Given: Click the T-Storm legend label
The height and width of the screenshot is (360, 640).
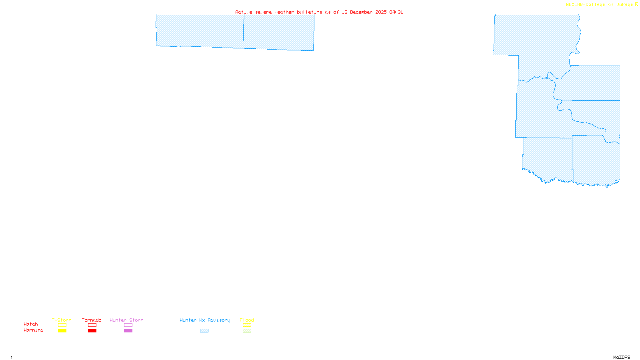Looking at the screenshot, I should (62, 320).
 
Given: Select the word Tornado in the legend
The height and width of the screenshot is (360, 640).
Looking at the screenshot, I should (92, 320).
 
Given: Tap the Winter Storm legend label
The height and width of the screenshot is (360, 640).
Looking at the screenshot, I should (126, 320).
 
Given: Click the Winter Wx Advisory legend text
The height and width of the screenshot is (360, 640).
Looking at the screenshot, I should (205, 320).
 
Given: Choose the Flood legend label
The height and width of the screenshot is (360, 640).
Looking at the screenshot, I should (247, 320).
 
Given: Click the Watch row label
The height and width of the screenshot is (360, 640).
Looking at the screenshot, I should (31, 324).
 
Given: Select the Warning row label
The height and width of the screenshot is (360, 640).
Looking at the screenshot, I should (34, 330).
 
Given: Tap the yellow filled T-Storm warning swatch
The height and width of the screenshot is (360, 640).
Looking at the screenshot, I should (62, 331).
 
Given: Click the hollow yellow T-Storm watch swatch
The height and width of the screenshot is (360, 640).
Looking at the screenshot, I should (62, 325).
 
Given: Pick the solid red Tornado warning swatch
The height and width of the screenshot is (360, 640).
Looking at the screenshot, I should (92, 331).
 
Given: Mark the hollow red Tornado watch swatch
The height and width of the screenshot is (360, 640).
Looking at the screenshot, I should (92, 325).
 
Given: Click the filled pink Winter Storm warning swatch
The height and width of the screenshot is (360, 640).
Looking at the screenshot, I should (128, 331).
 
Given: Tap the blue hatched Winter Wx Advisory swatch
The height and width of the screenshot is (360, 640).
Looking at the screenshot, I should (204, 331).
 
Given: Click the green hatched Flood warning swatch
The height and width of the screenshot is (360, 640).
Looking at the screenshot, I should (247, 331).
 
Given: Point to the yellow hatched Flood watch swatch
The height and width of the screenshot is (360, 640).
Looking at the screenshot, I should (247, 325).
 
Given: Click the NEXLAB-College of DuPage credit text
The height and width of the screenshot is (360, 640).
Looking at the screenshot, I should (600, 5).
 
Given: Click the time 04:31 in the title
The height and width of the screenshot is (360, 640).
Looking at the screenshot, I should (396, 12).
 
